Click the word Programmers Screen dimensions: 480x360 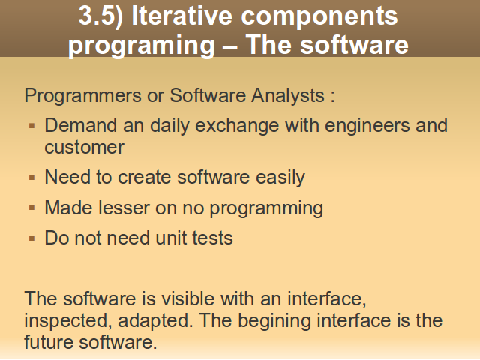tap(82, 96)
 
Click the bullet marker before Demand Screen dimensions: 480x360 tap(31, 126)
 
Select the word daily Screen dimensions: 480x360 tap(169, 126)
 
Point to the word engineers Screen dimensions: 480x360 tap(367, 126)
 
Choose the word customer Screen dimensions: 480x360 tap(84, 148)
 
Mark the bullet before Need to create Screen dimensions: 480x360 tap(31, 178)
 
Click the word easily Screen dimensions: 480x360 tap(280, 178)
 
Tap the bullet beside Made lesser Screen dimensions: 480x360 tap(31, 208)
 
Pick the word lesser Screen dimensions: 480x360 tap(124, 208)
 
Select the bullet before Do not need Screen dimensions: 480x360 tap(31, 238)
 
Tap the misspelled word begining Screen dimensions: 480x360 tap(274, 321)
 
